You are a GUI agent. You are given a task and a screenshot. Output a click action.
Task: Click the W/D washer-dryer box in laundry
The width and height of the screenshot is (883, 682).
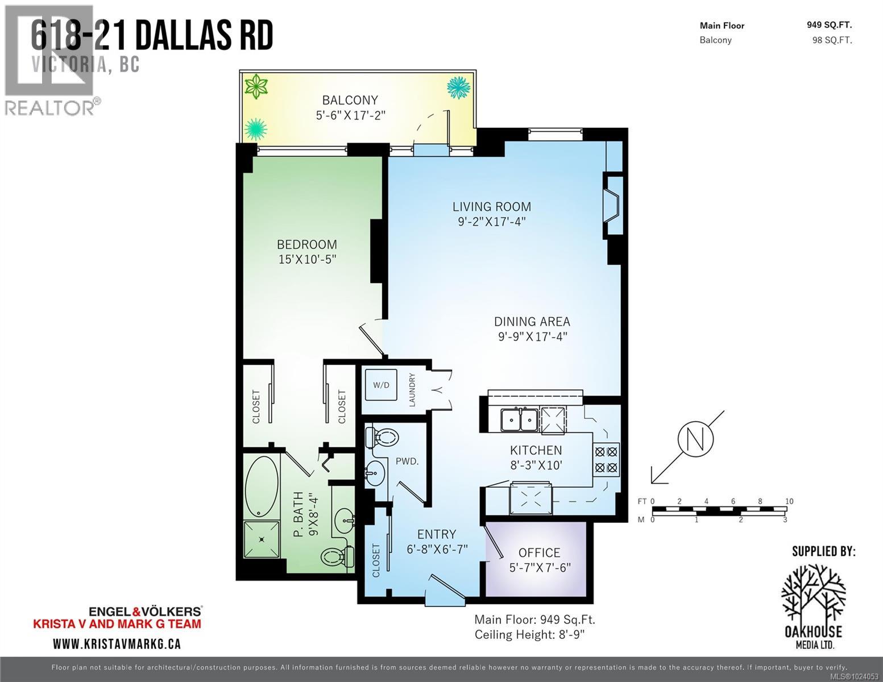coord(381,385)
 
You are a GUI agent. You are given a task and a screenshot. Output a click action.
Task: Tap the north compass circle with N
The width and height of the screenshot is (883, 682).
coord(695,439)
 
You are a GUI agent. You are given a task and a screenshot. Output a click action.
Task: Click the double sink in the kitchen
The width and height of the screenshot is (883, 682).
coord(520,421)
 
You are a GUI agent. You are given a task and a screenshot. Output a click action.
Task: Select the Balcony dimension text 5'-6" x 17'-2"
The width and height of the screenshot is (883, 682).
coord(350,115)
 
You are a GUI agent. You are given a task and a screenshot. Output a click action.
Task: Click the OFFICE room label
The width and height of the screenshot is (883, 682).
coord(539,552)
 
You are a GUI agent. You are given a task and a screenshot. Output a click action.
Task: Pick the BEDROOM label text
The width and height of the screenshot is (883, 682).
coord(307,244)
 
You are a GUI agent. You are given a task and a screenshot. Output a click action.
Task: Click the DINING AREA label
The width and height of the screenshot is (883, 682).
coord(532,322)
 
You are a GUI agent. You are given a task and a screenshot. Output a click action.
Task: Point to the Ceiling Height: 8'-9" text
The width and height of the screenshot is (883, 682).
coord(529,634)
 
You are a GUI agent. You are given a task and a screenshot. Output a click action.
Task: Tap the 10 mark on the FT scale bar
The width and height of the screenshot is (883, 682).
coord(789,501)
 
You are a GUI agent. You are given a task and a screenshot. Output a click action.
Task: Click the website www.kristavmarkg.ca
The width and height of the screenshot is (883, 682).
coord(117,644)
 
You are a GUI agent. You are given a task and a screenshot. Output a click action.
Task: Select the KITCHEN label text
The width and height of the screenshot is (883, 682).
coord(536,450)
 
